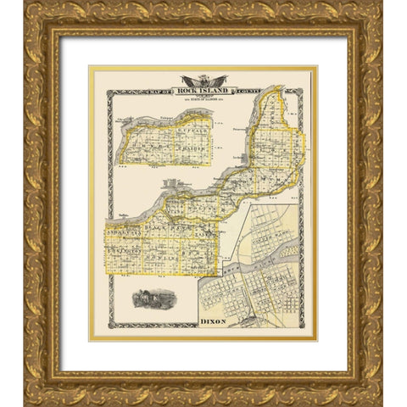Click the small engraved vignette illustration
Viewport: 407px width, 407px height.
(153, 298)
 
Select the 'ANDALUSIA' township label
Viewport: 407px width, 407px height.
(121, 228)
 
